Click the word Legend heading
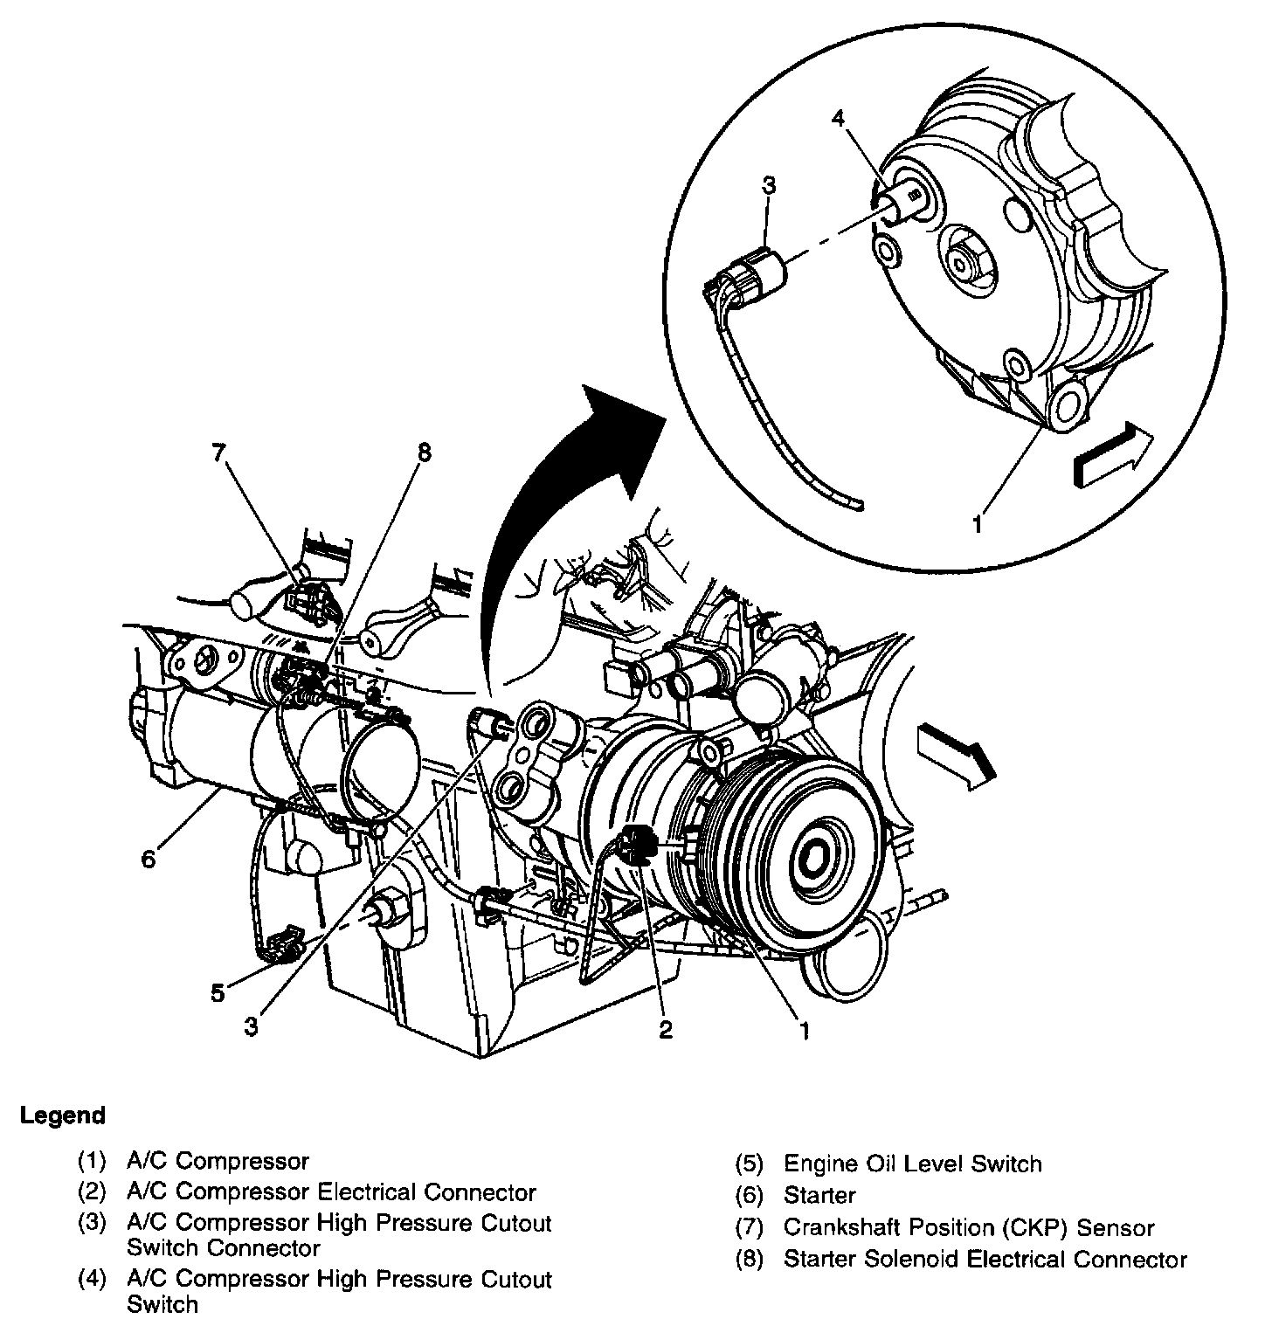click(63, 1115)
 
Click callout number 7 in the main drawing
click(218, 452)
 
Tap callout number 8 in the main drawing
click(424, 452)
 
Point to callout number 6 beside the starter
click(149, 860)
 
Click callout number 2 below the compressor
click(666, 1029)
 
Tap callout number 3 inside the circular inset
click(769, 184)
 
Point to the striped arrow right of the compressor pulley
click(955, 750)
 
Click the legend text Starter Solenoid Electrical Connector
click(985, 1259)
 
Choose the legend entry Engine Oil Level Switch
click(912, 1164)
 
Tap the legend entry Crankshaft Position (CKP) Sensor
click(968, 1227)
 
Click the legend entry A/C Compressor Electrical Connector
click(331, 1191)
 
